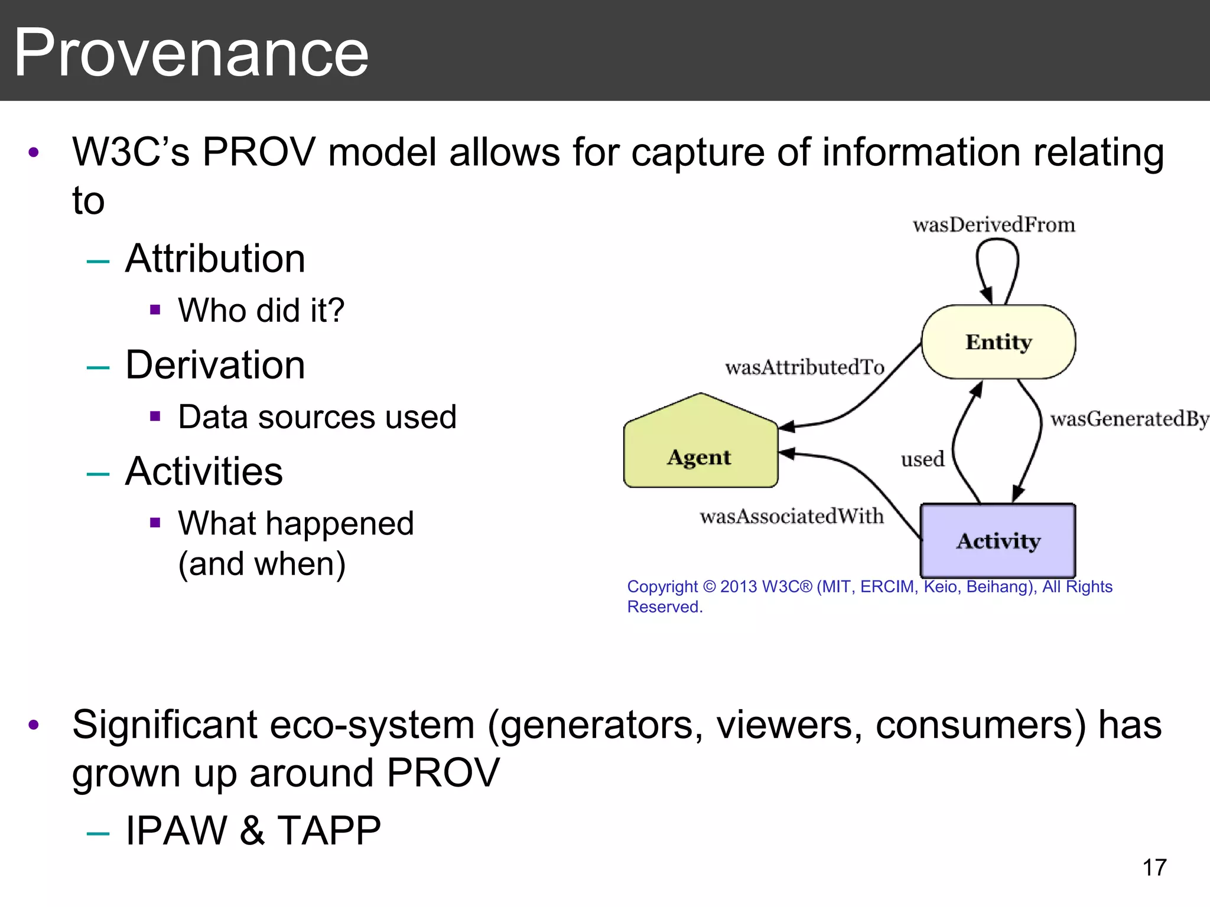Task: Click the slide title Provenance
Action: pyautogui.click(x=191, y=53)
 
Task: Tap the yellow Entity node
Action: pyautogui.click(x=998, y=342)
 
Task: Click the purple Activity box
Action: pyautogui.click(x=998, y=541)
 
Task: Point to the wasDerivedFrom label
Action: pyautogui.click(x=994, y=225)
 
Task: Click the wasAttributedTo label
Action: pyautogui.click(x=805, y=367)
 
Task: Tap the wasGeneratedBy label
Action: pyautogui.click(x=1129, y=419)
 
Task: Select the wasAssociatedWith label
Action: pyautogui.click(x=792, y=516)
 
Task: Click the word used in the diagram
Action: pyautogui.click(x=922, y=459)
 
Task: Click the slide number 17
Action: pyautogui.click(x=1154, y=867)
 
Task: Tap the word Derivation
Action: pyautogui.click(x=215, y=365)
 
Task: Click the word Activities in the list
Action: pyautogui.click(x=204, y=471)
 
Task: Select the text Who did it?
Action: pyautogui.click(x=261, y=310)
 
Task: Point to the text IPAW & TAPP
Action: pyautogui.click(x=253, y=830)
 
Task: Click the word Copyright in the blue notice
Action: pyautogui.click(x=662, y=586)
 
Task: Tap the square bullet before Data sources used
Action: pyautogui.click(x=155, y=416)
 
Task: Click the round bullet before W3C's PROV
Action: pyautogui.click(x=34, y=152)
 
